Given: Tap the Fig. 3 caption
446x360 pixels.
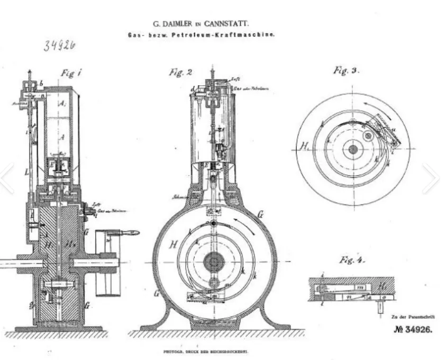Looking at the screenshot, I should [x=346, y=70].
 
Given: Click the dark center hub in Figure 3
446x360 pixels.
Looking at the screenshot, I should [x=352, y=149].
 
